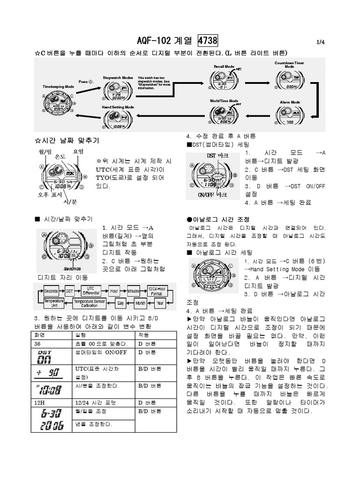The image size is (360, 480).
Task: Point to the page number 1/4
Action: point(321,42)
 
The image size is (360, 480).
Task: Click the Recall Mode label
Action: point(224,67)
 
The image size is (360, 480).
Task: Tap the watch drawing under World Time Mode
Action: point(224,114)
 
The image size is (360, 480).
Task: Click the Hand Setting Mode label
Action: point(118,107)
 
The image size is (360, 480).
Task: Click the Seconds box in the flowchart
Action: point(50,291)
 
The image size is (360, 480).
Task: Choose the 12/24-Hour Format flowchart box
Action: point(156,291)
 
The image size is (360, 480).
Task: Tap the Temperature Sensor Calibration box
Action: point(89,303)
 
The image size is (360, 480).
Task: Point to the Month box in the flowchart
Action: point(140,303)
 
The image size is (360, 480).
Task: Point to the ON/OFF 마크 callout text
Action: point(212,195)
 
